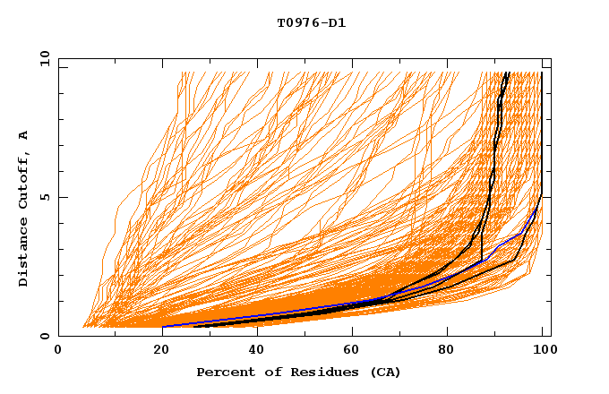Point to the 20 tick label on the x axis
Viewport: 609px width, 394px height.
click(x=156, y=351)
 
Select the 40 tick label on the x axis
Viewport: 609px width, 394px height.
click(x=253, y=351)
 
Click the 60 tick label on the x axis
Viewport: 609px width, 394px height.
click(x=349, y=351)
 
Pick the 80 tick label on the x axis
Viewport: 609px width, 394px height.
click(x=446, y=351)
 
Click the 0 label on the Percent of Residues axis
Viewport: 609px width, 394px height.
click(x=59, y=351)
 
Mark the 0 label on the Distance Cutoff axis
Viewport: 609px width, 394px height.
click(x=46, y=337)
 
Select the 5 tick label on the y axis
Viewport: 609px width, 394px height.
click(x=46, y=197)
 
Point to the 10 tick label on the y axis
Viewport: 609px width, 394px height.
click(x=42, y=58)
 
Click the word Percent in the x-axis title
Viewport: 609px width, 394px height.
click(x=222, y=372)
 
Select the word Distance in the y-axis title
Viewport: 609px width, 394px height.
click(x=24, y=253)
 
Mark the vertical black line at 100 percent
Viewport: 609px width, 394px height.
click(x=542, y=134)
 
